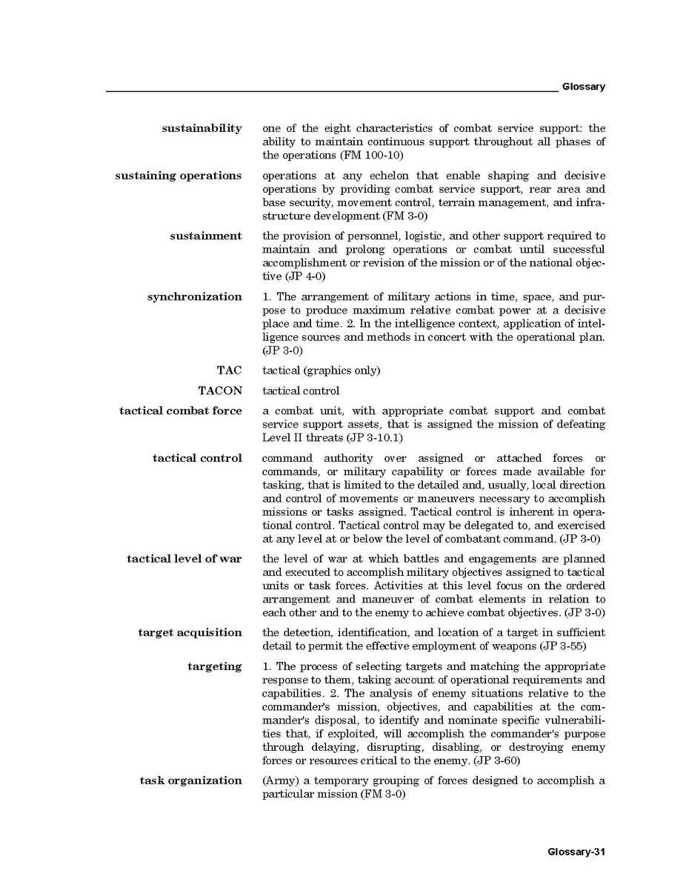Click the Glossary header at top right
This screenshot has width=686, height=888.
[x=583, y=87]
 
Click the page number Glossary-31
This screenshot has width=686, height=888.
[x=576, y=852]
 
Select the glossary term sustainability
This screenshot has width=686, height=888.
[x=202, y=128]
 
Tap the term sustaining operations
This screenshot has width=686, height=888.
[x=178, y=176]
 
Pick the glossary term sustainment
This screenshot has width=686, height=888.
[x=205, y=236]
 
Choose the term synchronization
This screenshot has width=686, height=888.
[x=194, y=296]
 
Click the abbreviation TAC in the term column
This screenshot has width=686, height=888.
[x=229, y=370]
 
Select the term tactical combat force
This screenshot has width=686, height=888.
[x=180, y=411]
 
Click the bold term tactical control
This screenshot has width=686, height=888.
[x=197, y=458]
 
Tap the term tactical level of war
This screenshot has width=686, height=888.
[x=184, y=558]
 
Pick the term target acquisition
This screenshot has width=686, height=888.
[x=190, y=632]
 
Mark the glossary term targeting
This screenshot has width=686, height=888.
[x=214, y=666]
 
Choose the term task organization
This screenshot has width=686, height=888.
[x=190, y=780]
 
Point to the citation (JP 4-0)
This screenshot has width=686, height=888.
[x=294, y=276]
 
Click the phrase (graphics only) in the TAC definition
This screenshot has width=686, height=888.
[x=344, y=371]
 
